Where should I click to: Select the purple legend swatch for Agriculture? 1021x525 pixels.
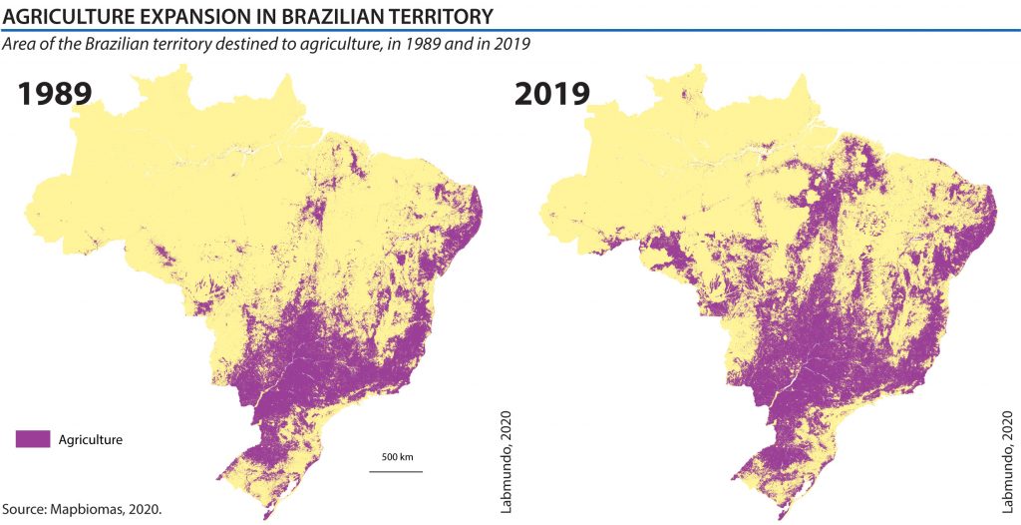[x=33, y=438]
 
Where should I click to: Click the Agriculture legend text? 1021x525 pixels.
[x=91, y=439]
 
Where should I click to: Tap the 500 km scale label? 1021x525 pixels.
[x=396, y=457]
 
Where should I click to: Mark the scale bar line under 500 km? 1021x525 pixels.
[x=396, y=470]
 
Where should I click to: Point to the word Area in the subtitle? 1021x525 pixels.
[x=21, y=45]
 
